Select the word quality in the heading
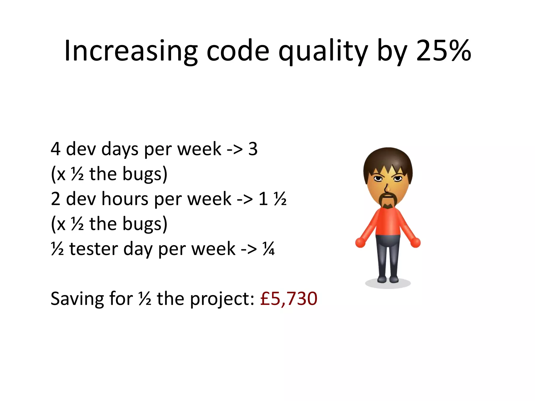pyautogui.click(x=323, y=51)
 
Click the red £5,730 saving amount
pyautogui.click(x=289, y=298)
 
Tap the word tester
pyautogui.click(x=94, y=249)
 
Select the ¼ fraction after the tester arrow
pyautogui.click(x=269, y=249)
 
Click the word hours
pyautogui.click(x=125, y=199)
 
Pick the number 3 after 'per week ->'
pyautogui.click(x=253, y=149)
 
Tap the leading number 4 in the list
pyautogui.click(x=56, y=149)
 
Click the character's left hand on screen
pyautogui.click(x=360, y=242)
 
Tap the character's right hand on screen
pyautogui.click(x=415, y=242)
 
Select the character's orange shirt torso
pyautogui.click(x=388, y=222)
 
